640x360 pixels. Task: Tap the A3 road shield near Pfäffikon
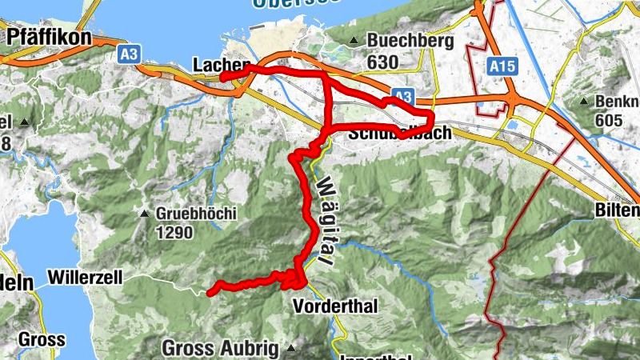(127, 54)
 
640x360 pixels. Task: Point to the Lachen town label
(222, 65)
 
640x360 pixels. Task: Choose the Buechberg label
(410, 40)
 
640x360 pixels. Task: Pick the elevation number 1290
(175, 234)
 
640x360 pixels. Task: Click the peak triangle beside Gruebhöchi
(144, 214)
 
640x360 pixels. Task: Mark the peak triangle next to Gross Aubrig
(291, 348)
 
